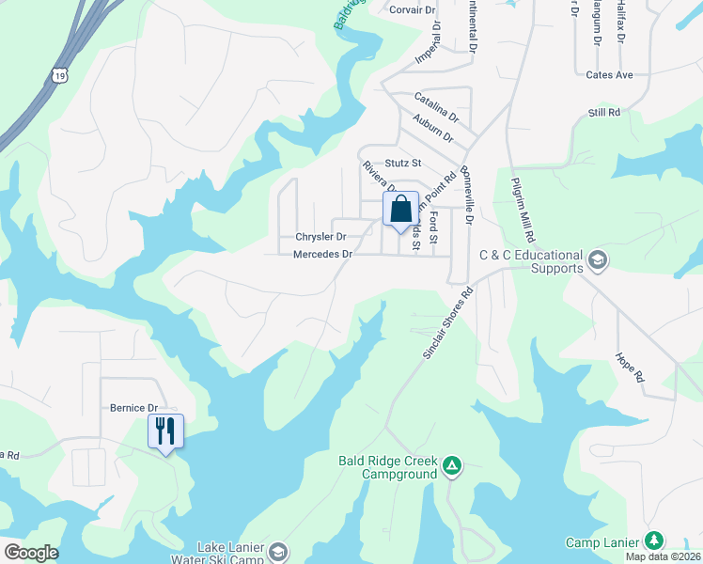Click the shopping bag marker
point(400,210)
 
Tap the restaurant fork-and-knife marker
point(165,431)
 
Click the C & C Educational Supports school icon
point(596,258)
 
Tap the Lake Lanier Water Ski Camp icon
point(277,551)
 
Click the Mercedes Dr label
point(322,255)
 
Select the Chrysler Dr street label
point(320,237)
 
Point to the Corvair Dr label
point(414,10)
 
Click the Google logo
point(31,553)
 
